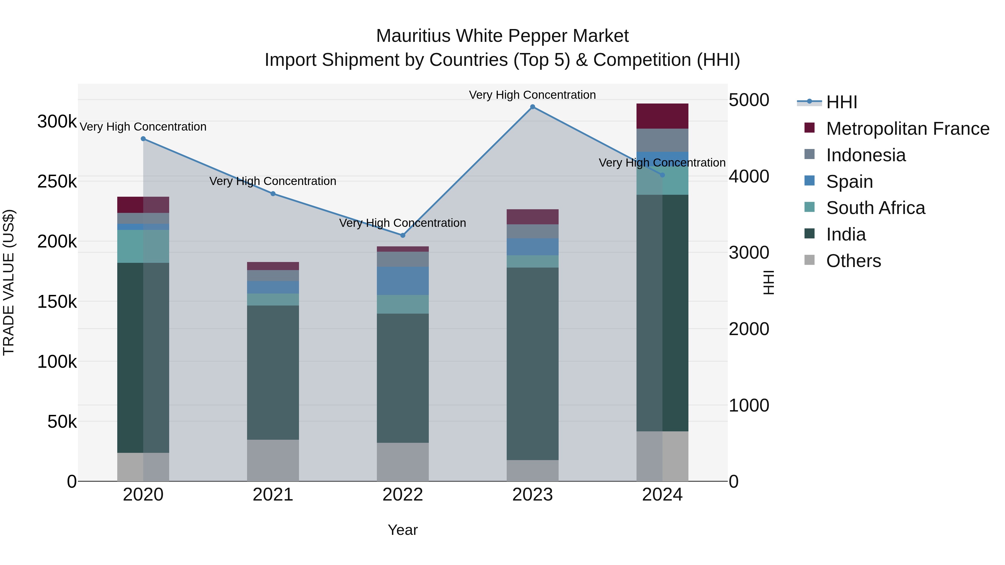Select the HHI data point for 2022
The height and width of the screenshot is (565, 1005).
(x=403, y=235)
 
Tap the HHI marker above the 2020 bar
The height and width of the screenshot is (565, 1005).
(x=143, y=139)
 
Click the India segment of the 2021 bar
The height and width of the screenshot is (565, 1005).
(x=273, y=372)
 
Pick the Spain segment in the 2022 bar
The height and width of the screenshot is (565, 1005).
(x=403, y=281)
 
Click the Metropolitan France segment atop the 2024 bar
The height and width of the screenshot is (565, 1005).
(x=662, y=116)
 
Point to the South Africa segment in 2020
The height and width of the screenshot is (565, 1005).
(x=143, y=246)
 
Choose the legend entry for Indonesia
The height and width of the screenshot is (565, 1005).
(x=865, y=155)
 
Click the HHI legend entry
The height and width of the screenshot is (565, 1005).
(x=841, y=102)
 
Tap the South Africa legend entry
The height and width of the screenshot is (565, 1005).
(x=875, y=208)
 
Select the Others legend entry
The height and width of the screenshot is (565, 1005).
(x=853, y=261)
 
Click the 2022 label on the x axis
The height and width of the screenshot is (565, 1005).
(x=403, y=495)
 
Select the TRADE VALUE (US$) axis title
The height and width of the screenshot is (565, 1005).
(x=9, y=282)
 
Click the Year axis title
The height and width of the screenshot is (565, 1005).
(x=403, y=530)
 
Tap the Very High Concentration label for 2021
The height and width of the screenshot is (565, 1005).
(x=273, y=181)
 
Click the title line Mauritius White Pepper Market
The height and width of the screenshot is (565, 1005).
(x=502, y=36)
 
